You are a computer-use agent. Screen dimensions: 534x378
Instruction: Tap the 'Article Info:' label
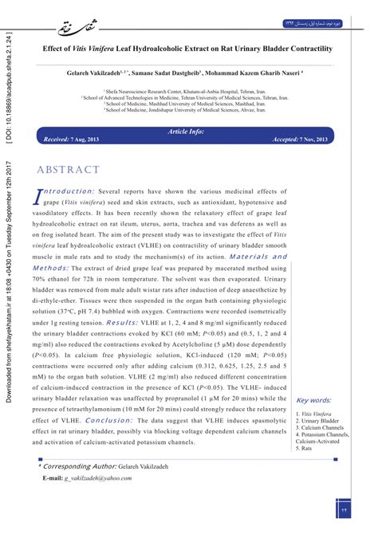pos(187,130)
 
